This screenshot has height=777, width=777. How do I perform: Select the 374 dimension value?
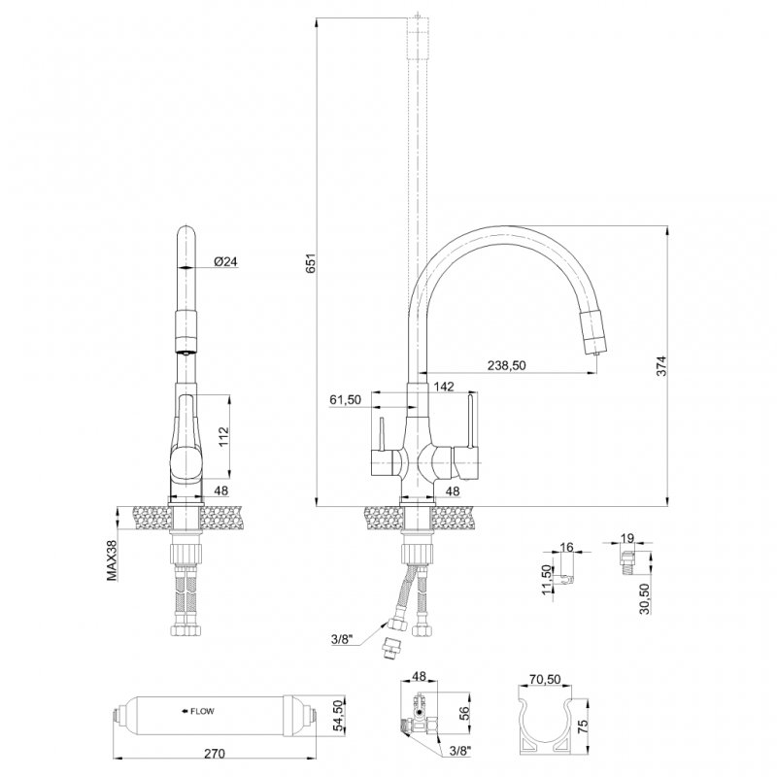[661, 366]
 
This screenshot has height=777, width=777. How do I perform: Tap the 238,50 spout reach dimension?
[506, 365]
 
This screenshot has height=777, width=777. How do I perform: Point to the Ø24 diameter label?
[226, 261]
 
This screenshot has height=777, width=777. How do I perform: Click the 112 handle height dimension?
[224, 436]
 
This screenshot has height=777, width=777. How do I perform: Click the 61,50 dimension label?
[346, 399]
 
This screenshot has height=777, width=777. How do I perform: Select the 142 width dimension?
[444, 387]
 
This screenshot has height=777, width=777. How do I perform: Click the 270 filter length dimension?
[214, 754]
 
